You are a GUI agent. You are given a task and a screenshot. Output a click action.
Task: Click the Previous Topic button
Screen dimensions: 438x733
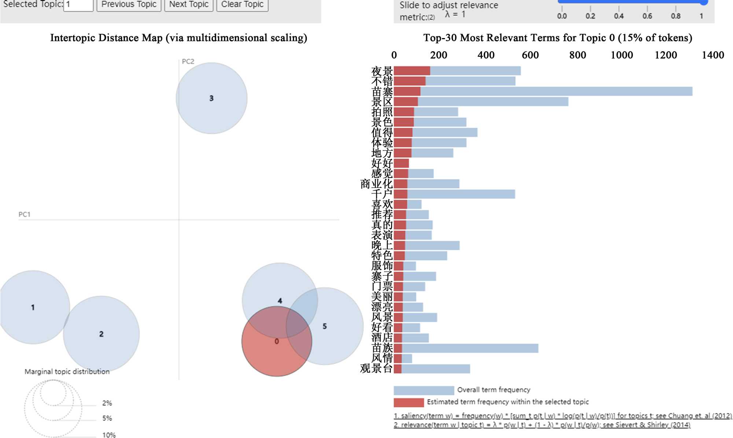[129, 5]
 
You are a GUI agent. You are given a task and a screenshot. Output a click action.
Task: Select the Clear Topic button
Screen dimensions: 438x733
[242, 5]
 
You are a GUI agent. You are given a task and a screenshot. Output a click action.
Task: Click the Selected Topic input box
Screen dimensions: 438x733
[78, 5]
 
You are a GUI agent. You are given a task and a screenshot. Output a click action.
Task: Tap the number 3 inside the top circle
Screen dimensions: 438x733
[211, 98]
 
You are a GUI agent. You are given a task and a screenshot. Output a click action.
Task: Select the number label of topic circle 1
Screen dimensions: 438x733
[33, 307]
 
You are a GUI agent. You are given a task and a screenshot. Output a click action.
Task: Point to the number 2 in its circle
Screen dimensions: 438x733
[102, 334]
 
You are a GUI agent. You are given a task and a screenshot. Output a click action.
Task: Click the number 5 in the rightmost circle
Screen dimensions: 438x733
[325, 326]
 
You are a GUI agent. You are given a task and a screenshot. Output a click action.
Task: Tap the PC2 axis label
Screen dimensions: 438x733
[188, 62]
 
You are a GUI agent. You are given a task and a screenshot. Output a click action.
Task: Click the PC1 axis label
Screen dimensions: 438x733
[25, 214]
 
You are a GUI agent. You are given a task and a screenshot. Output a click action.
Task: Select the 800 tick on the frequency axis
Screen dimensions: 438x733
[578, 55]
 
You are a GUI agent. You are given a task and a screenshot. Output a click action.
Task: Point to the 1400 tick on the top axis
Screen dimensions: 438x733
[712, 55]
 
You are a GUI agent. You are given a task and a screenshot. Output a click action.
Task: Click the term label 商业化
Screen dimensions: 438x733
[376, 184]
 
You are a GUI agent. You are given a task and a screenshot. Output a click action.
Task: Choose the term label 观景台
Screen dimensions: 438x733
[376, 368]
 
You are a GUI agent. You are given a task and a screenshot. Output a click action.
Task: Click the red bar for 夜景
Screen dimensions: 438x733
[412, 71]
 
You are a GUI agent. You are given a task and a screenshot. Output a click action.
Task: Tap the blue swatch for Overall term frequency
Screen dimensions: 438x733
[424, 390]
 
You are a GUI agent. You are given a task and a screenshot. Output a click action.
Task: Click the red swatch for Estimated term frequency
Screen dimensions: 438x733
[409, 402]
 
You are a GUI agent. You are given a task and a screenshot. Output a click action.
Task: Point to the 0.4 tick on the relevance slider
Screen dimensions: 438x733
[619, 16]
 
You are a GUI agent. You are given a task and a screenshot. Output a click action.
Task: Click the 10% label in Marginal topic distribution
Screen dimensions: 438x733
[109, 435]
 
